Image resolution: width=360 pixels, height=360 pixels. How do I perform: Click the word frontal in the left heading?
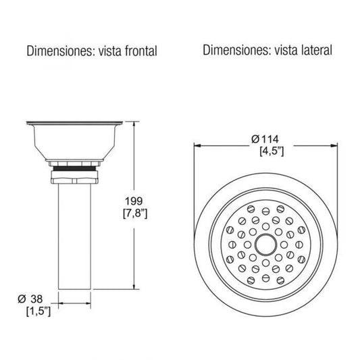pyautogui.click(x=141, y=51)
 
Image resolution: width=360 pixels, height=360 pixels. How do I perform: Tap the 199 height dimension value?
pyautogui.click(x=134, y=201)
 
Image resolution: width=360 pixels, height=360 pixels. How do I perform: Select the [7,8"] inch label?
pyautogui.click(x=135, y=213)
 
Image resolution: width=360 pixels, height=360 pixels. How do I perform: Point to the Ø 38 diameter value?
pyautogui.click(x=30, y=299)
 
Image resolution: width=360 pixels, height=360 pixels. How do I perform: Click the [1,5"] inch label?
pyautogui.click(x=38, y=311)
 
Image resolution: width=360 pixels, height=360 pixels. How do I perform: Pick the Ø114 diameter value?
pyautogui.click(x=265, y=139)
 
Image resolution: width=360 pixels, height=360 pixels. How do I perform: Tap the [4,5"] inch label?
pyautogui.click(x=272, y=151)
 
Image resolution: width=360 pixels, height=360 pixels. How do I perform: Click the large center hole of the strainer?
pyautogui.click(x=265, y=245)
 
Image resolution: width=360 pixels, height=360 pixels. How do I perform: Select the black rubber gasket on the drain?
pyautogui.click(x=74, y=169)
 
